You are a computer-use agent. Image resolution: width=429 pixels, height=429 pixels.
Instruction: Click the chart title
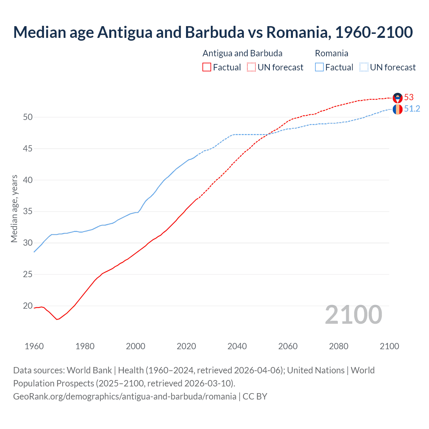(213, 32)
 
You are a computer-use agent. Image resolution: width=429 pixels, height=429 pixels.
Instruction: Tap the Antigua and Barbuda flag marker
(397, 98)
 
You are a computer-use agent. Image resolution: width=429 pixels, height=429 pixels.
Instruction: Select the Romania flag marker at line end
(397, 109)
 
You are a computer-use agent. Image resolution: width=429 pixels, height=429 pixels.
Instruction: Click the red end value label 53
(409, 97)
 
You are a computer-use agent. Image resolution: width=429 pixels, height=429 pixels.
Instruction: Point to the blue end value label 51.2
(412, 109)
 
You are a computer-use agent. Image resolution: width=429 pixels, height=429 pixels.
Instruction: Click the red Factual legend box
(207, 67)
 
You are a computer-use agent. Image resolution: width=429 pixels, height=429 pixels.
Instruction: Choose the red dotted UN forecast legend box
(251, 67)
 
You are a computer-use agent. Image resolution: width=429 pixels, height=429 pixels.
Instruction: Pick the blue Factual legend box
(319, 67)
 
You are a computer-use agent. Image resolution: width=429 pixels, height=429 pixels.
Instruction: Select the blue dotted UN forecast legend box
(364, 67)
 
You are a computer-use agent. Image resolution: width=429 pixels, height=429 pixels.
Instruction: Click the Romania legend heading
(331, 53)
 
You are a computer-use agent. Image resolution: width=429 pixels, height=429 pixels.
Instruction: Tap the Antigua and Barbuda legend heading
(242, 53)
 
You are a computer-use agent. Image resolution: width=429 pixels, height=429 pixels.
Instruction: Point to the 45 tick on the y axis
(28, 148)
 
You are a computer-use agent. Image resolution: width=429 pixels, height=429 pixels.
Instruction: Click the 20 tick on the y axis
(28, 306)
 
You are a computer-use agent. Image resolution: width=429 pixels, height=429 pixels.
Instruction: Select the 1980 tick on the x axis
(85, 346)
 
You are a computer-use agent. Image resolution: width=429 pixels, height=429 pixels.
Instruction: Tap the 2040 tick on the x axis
(237, 346)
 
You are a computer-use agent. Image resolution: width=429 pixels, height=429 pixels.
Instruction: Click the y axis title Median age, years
(14, 208)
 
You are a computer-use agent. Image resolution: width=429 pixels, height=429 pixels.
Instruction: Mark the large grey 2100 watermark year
(353, 314)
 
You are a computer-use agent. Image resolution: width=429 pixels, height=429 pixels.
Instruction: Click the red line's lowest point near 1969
(57, 319)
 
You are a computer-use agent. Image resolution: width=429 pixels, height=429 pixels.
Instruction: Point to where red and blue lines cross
(268, 134)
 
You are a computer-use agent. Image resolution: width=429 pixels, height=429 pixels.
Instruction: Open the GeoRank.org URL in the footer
(125, 396)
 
